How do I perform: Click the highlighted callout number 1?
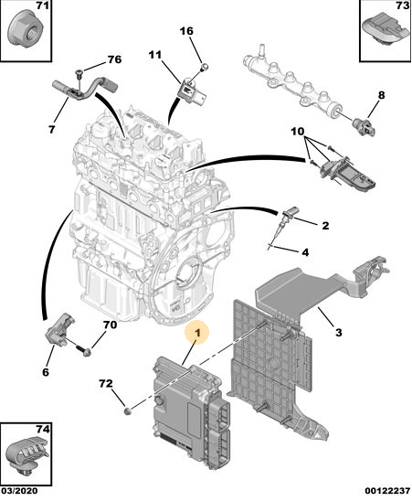(x=197, y=333)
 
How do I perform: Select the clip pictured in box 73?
(x=386, y=31)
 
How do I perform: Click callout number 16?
(x=186, y=31)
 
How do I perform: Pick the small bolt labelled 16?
(x=205, y=67)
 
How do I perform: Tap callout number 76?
(x=114, y=59)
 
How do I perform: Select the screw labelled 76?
(x=79, y=77)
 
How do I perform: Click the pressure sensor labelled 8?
(x=364, y=126)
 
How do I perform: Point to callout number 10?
(x=298, y=131)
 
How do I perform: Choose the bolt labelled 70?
(x=83, y=350)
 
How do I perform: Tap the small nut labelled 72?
(x=127, y=410)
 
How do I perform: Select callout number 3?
(x=339, y=332)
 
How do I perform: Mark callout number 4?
(x=306, y=252)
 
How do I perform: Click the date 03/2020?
(x=19, y=490)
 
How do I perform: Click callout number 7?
(x=52, y=130)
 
